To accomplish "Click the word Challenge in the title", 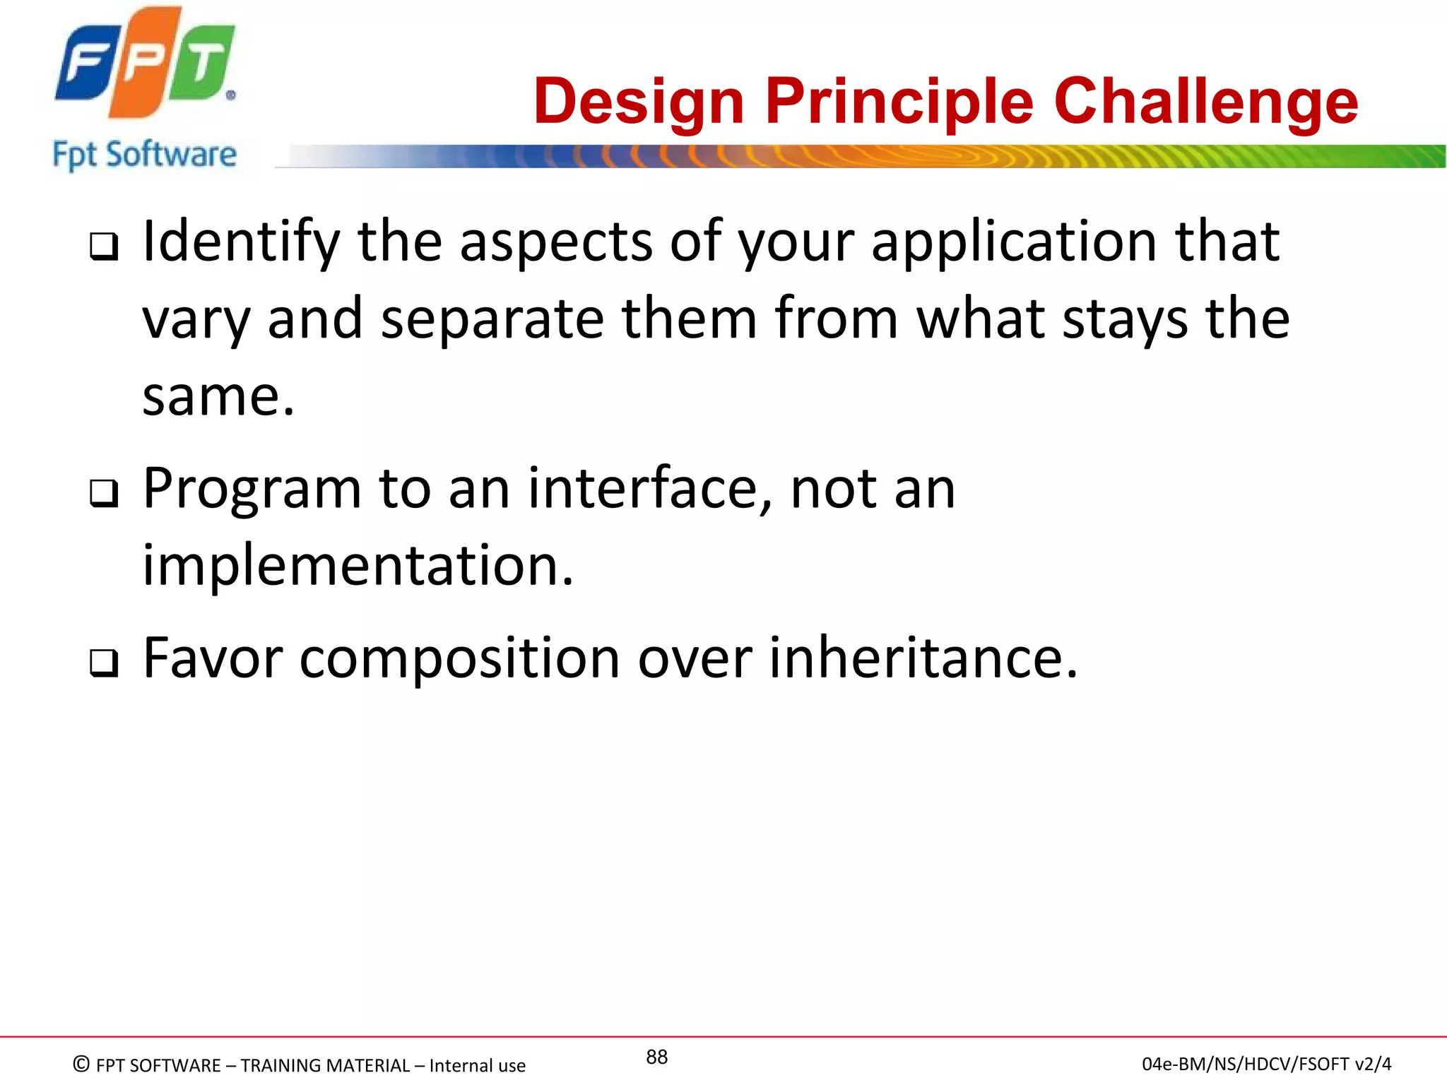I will pos(1205,102).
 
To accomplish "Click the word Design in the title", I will pos(639,102).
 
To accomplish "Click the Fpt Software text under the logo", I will pos(145,155).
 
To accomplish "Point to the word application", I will pos(1014,242).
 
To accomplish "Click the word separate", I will pos(492,319).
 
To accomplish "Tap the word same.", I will pos(217,397).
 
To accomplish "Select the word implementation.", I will pos(358,566).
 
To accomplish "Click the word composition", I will pos(459,658).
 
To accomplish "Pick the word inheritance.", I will pos(922,658).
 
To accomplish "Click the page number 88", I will pos(656,1057).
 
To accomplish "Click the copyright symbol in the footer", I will pos(82,1064).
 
